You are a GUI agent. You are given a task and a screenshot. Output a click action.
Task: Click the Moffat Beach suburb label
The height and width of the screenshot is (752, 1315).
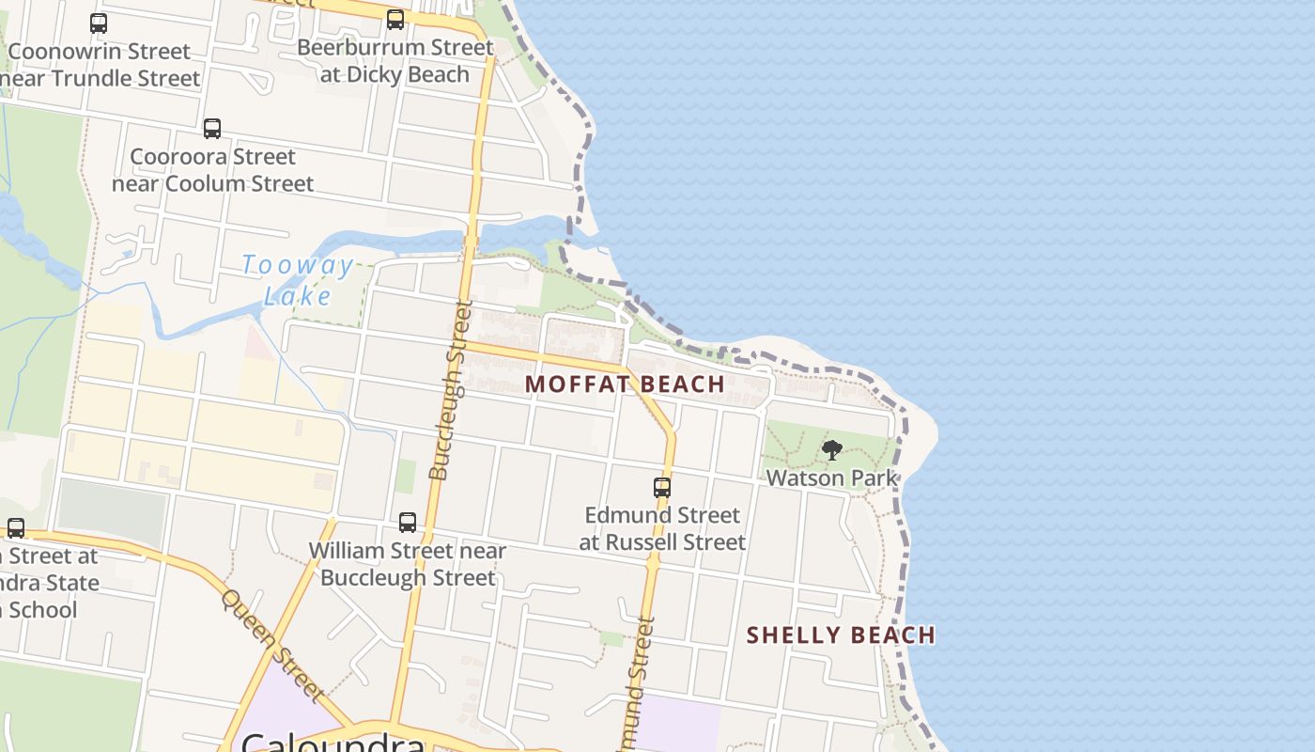(625, 384)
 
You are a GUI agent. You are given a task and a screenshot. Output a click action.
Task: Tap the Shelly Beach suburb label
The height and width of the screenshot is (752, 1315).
(841, 635)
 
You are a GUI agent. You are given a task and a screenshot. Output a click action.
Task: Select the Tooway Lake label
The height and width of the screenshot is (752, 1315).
(298, 280)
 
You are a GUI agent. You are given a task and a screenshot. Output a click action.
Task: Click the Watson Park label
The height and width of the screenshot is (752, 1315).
(831, 478)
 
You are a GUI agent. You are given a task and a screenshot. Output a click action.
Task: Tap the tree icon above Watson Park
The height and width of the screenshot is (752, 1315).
(831, 450)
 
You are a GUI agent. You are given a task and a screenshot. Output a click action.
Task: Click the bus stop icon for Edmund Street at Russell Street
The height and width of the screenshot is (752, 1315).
(662, 488)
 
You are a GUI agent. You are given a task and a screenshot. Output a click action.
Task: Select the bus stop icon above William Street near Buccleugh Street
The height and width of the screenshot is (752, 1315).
(408, 523)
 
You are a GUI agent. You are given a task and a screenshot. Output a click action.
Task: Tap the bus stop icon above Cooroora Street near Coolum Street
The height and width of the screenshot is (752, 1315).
(212, 129)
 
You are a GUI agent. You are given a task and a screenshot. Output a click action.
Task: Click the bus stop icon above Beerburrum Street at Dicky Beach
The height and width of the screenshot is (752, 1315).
(395, 20)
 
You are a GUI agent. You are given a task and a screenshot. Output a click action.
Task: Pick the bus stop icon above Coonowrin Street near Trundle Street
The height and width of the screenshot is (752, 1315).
(99, 23)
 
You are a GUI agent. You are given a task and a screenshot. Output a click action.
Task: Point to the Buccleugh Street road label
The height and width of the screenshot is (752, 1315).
(450, 390)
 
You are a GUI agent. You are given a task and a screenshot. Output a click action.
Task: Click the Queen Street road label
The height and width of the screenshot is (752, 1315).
(272, 645)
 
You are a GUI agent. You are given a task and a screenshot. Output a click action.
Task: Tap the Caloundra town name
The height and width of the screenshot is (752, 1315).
(333, 743)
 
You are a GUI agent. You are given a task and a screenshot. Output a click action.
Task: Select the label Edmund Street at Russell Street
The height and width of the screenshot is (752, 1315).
(662, 528)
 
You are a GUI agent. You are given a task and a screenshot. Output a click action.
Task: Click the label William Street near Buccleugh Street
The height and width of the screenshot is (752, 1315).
(408, 564)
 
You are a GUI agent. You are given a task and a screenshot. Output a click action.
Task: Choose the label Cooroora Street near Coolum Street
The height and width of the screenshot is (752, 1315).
(212, 169)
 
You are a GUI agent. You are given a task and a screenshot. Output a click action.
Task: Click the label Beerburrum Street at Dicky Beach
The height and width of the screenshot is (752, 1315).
(395, 60)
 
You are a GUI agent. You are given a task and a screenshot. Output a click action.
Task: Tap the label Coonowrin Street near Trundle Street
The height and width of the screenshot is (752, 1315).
(99, 64)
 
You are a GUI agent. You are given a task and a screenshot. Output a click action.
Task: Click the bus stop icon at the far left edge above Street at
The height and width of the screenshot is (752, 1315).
(16, 528)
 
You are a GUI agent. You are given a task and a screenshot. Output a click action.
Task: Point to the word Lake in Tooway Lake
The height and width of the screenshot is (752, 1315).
(298, 296)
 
